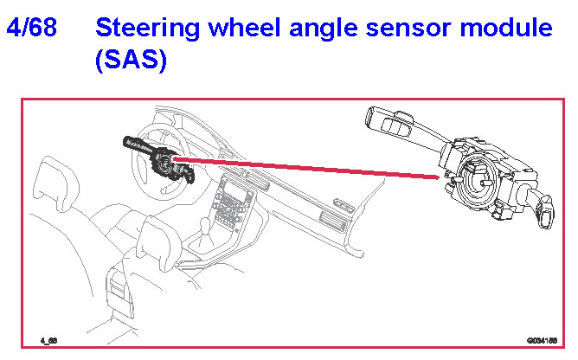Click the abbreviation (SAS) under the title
pyautogui.click(x=131, y=61)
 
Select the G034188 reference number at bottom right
pyautogui.click(x=540, y=340)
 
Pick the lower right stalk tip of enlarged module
pyautogui.click(x=544, y=216)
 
